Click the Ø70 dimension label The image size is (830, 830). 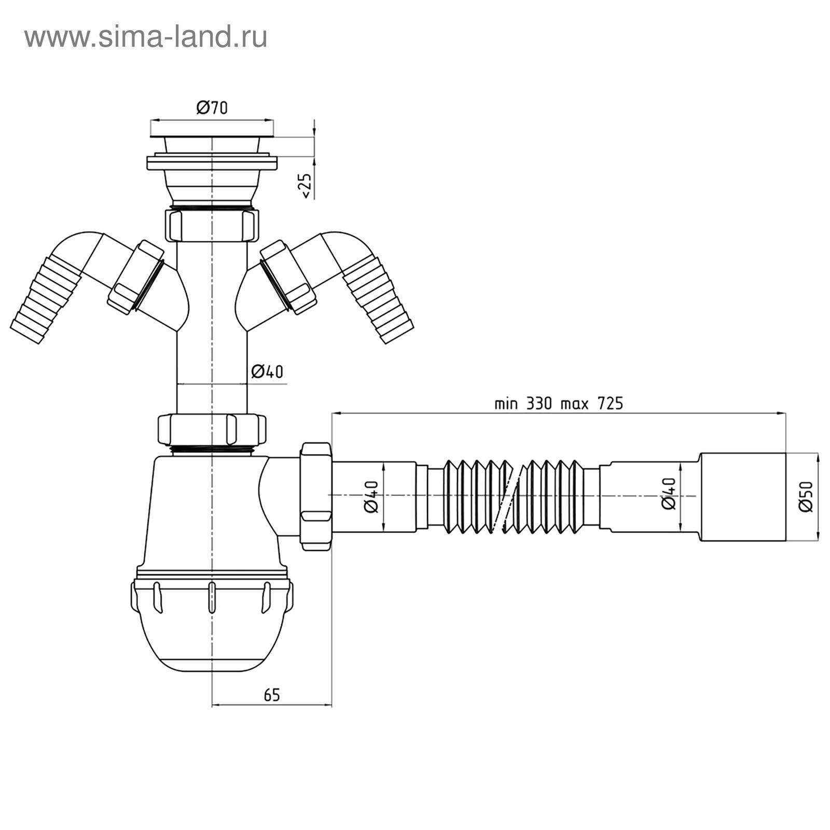click(212, 107)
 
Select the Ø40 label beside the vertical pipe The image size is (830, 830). click(267, 371)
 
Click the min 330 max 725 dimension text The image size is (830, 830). click(558, 403)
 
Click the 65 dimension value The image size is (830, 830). click(271, 695)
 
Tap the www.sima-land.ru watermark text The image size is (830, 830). click(146, 37)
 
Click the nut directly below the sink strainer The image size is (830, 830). click(212, 225)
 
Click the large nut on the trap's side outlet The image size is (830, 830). click(315, 495)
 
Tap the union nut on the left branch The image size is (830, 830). click(136, 278)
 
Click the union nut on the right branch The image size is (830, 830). click(288, 278)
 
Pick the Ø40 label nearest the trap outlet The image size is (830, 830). click(371, 497)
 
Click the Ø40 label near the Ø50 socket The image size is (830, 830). click(669, 494)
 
